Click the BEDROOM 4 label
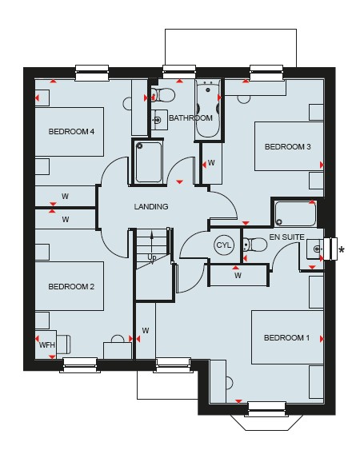click(71, 132)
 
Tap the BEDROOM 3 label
click(287, 147)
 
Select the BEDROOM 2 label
click(71, 287)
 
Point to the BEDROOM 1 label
click(286, 337)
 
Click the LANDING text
click(151, 207)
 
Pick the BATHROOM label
click(190, 118)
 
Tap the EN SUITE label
click(286, 237)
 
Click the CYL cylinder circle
click(224, 245)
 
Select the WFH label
click(47, 344)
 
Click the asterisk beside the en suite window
click(342, 249)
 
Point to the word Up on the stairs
click(151, 257)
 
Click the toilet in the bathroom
click(163, 95)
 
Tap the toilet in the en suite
click(255, 245)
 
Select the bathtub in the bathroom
click(208, 110)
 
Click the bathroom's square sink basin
click(159, 120)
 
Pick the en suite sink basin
click(315, 249)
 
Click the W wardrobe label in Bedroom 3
click(211, 163)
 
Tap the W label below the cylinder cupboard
click(238, 275)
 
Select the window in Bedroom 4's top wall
click(92, 73)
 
